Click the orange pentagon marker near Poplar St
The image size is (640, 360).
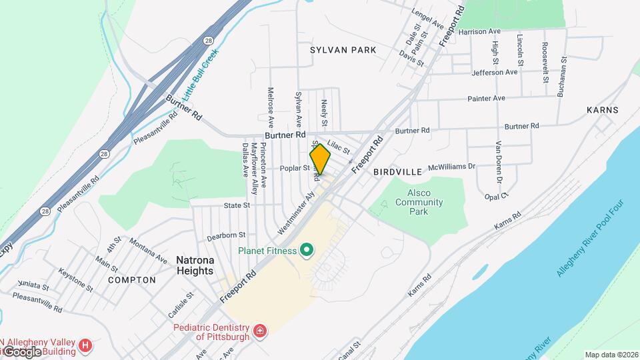[320, 159]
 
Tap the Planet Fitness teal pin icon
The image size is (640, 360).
[307, 251]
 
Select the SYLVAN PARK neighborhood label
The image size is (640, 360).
[343, 50]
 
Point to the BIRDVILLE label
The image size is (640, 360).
[397, 171]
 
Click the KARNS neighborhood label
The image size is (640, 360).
[603, 110]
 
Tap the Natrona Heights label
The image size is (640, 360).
[195, 265]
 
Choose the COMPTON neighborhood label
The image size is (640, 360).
[131, 280]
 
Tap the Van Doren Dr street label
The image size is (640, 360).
[498, 161]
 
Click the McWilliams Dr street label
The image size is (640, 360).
[451, 167]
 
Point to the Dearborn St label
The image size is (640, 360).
[226, 235]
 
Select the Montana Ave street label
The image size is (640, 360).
[148, 249]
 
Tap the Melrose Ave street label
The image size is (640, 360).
[271, 107]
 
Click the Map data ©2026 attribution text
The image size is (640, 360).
[611, 355]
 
